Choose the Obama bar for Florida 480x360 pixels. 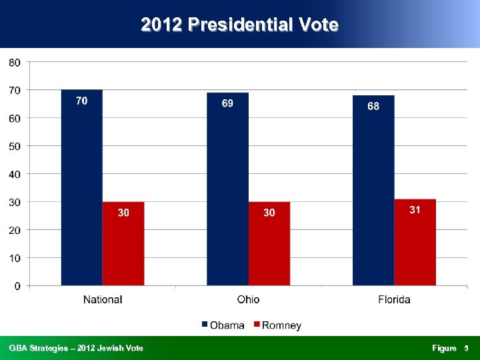pos(373,193)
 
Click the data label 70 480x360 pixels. pos(81,101)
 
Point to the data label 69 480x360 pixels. pos(227,103)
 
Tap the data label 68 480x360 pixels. pos(373,106)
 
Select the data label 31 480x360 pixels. pos(415,209)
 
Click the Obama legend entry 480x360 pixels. pos(223,325)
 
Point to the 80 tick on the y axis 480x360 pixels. pos(15,62)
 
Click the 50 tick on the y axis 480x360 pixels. pos(15,146)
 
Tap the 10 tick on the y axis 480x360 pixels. pos(15,258)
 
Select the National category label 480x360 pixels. pos(103,299)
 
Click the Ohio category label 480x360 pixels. pos(248,299)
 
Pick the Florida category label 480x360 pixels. pos(394,299)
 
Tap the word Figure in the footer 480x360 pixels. pos(444,348)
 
